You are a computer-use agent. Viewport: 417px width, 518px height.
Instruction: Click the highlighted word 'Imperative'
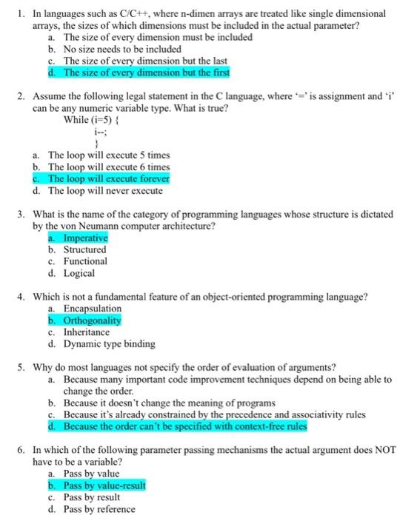[x=85, y=238]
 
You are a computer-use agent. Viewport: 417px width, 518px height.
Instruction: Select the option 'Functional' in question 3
[x=85, y=261]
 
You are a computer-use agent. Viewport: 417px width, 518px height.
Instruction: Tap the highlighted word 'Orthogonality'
[x=92, y=320]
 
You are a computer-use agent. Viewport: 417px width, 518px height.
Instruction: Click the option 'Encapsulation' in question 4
[x=93, y=309]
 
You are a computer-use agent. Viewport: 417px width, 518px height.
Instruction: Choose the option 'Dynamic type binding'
[x=109, y=344]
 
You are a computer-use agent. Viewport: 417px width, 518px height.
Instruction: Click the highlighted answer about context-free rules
[x=184, y=427]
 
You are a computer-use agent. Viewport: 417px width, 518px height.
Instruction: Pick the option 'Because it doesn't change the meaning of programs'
[x=175, y=403]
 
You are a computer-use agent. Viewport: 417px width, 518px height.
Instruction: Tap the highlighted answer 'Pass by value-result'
[x=104, y=485]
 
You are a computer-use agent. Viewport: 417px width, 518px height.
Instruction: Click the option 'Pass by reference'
[x=99, y=509]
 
